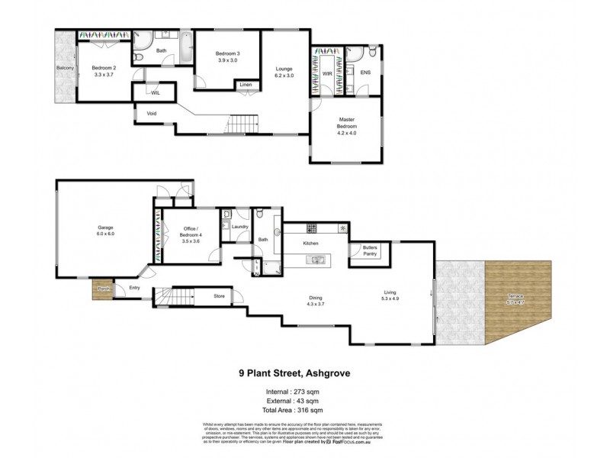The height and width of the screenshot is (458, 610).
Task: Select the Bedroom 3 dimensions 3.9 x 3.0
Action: (228, 60)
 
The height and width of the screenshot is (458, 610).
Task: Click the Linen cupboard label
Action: (245, 84)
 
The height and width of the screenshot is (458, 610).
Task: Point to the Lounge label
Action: (284, 68)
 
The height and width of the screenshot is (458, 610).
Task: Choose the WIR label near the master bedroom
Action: (327, 73)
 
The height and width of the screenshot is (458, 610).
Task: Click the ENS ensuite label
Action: (365, 73)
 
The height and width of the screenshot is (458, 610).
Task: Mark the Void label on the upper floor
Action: (152, 115)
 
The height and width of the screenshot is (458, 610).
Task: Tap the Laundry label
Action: (241, 227)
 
